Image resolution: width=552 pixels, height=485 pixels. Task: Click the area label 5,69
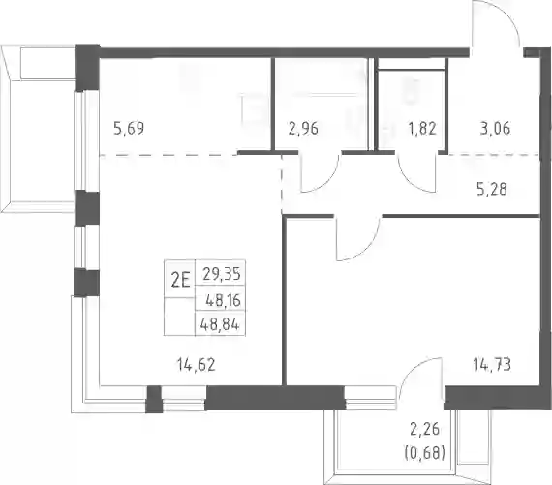pyautogui.click(x=129, y=128)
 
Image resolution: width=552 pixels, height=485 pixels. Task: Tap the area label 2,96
pyautogui.click(x=303, y=129)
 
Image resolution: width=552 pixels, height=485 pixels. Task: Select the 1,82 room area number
pyautogui.click(x=422, y=129)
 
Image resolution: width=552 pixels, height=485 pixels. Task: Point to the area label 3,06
pyautogui.click(x=495, y=129)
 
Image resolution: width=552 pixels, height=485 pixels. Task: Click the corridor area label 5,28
pyautogui.click(x=492, y=190)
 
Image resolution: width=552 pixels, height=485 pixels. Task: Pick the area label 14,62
pyautogui.click(x=197, y=365)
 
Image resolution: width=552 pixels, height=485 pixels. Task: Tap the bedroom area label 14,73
pyautogui.click(x=492, y=365)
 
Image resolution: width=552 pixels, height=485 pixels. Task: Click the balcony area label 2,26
pyautogui.click(x=425, y=430)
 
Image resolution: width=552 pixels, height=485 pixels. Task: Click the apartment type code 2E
pyautogui.click(x=180, y=281)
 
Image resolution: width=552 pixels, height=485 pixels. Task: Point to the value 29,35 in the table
pyautogui.click(x=222, y=273)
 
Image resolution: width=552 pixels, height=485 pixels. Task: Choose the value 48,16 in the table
pyautogui.click(x=223, y=300)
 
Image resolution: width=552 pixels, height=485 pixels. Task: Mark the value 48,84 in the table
pyautogui.click(x=220, y=324)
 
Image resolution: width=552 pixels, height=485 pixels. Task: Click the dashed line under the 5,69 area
pyautogui.click(x=169, y=155)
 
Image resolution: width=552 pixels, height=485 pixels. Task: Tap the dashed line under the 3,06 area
pyautogui.click(x=494, y=154)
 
